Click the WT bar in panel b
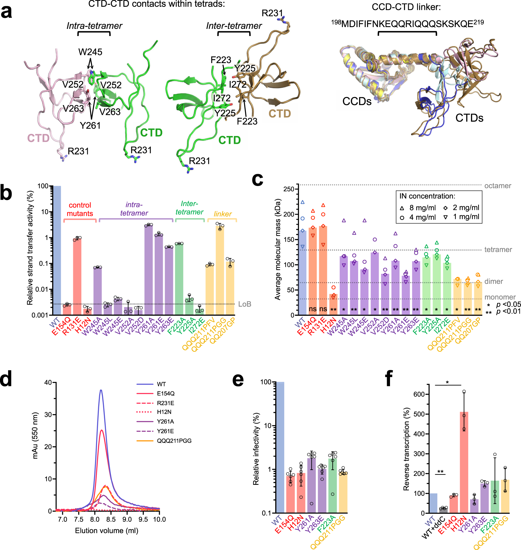[x=57, y=250]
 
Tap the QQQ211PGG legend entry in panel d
[x=174, y=441]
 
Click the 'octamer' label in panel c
[x=498, y=186]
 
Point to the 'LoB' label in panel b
[x=245, y=304]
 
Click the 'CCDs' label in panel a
[x=357, y=101]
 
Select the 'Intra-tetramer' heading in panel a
[x=94, y=26]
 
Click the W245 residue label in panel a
[x=90, y=52]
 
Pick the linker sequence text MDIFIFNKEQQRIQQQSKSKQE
[x=407, y=24]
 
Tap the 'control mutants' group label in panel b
[x=80, y=209]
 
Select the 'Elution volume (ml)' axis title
[x=107, y=531]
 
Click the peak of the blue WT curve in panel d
[x=101, y=390]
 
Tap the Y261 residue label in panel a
[x=90, y=126]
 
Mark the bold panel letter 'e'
[x=238, y=380]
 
